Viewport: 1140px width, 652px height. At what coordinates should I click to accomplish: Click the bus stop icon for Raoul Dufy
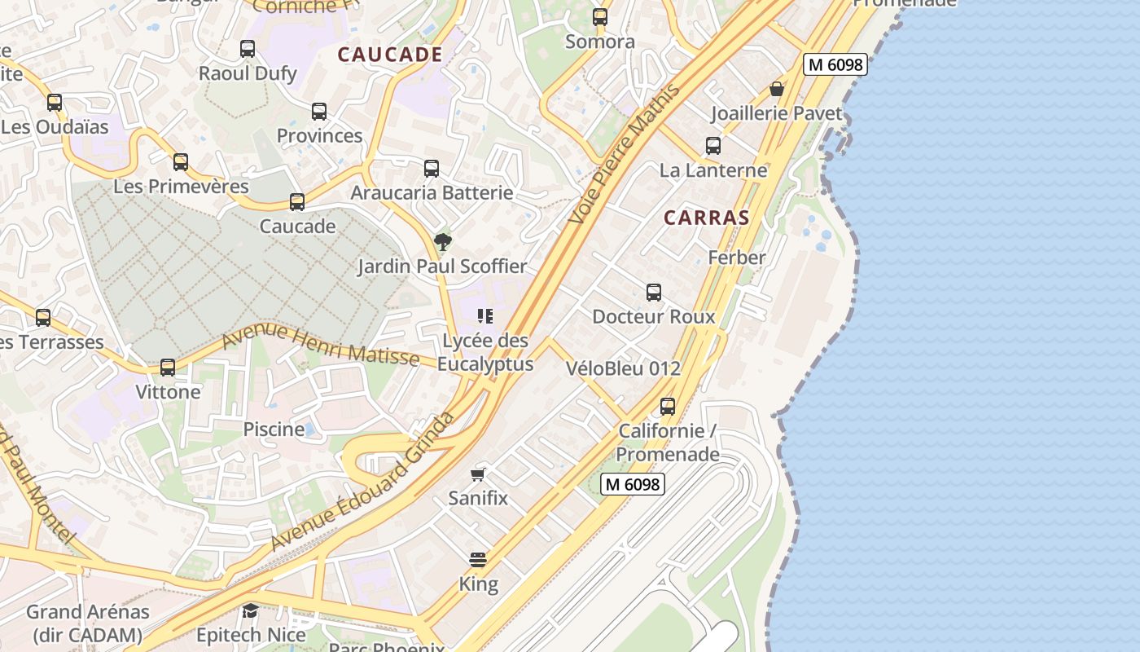tap(248, 49)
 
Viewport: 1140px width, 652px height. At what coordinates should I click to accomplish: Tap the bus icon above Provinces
tap(319, 112)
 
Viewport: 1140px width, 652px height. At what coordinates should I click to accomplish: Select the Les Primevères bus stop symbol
tap(181, 162)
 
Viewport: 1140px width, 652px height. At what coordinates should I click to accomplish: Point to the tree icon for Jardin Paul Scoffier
tap(443, 241)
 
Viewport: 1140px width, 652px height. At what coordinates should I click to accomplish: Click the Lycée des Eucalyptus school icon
tap(485, 316)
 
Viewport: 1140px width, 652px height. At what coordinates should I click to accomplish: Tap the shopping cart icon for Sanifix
tap(478, 474)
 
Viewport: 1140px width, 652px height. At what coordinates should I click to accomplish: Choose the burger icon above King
tap(478, 560)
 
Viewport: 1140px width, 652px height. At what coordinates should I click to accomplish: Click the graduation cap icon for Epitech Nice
tap(251, 610)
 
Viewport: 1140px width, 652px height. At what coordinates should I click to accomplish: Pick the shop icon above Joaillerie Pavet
tap(777, 89)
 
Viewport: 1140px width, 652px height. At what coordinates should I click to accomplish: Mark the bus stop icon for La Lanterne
tap(713, 146)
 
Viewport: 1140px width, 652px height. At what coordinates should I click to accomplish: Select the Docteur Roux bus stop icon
tap(654, 293)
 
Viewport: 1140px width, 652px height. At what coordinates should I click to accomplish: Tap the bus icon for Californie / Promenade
tap(668, 406)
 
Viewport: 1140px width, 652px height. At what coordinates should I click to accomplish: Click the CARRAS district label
tap(706, 218)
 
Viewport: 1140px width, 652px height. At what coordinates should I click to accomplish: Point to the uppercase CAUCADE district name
tap(390, 55)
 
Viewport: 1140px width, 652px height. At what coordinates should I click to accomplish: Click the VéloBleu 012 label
tap(623, 368)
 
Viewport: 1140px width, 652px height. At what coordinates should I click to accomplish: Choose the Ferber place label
tap(737, 258)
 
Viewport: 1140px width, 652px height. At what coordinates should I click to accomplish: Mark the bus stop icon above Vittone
tap(168, 368)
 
